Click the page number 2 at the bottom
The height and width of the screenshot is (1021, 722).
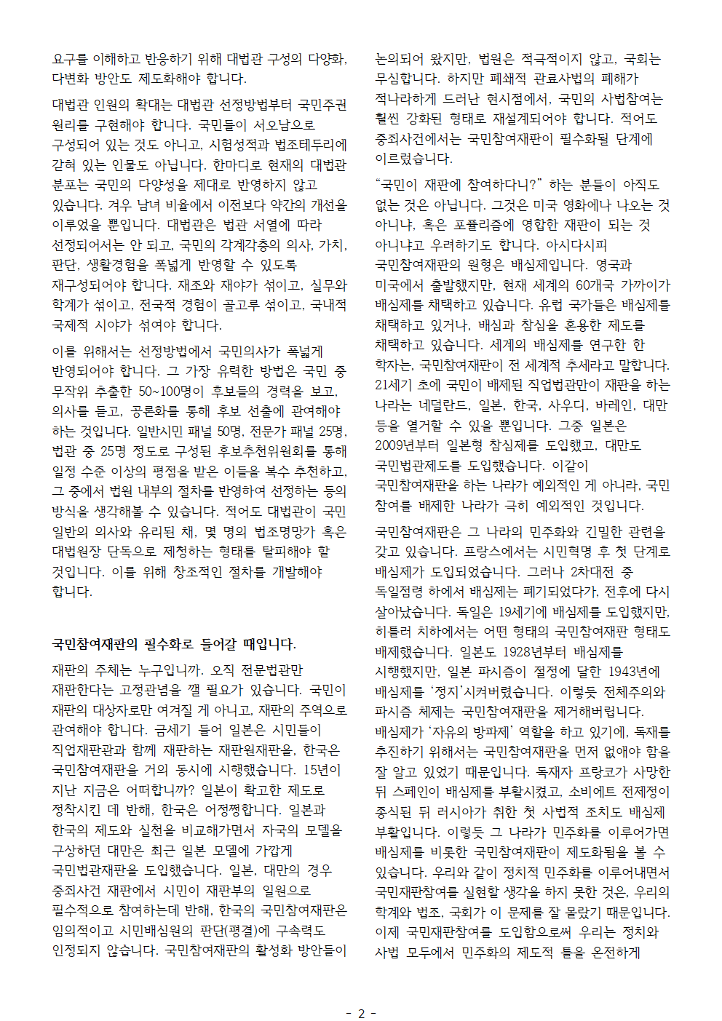point(361,1013)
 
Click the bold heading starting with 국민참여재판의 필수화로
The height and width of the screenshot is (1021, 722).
point(174,644)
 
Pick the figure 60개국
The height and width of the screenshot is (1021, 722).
point(595,285)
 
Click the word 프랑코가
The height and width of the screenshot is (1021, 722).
point(600,772)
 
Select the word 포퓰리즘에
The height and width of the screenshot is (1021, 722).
point(481,226)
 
